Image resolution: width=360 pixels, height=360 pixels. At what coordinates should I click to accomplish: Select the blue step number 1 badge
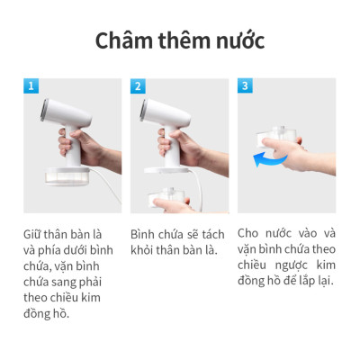32,86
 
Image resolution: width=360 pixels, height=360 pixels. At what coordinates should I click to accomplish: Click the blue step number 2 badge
138,86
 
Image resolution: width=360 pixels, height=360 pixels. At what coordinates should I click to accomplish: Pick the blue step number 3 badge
245,86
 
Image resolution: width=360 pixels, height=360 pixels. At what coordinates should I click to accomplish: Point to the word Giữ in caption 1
35,233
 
